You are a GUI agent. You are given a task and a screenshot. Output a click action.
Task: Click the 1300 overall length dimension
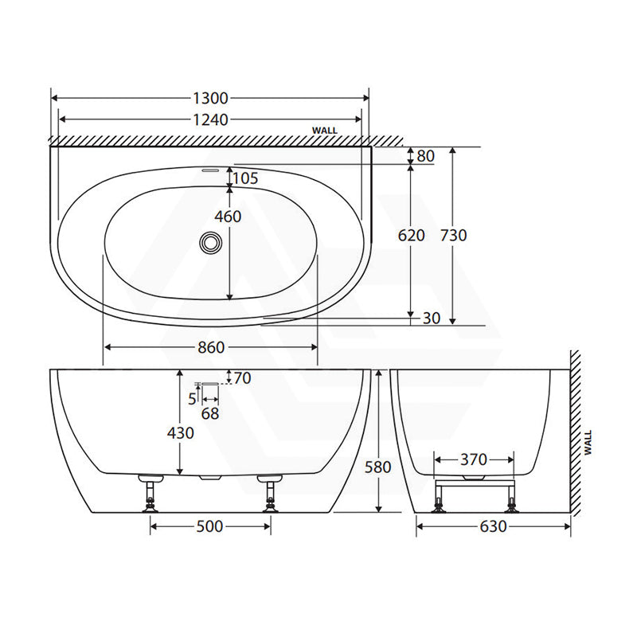[x=211, y=98]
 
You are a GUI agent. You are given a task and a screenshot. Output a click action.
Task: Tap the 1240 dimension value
[x=211, y=120]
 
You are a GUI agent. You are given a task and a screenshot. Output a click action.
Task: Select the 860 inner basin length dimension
[x=211, y=347]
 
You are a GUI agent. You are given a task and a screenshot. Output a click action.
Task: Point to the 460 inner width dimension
[x=228, y=217]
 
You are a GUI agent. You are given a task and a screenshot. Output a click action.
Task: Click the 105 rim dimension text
[x=245, y=178]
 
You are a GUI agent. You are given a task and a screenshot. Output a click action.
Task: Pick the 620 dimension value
[x=411, y=235]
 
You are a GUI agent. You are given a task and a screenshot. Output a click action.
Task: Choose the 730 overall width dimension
[x=453, y=235]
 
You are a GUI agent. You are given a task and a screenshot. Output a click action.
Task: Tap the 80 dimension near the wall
[x=426, y=156]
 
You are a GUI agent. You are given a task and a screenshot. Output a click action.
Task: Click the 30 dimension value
[x=432, y=318]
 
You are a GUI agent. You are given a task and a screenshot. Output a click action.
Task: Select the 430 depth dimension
[x=181, y=433]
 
